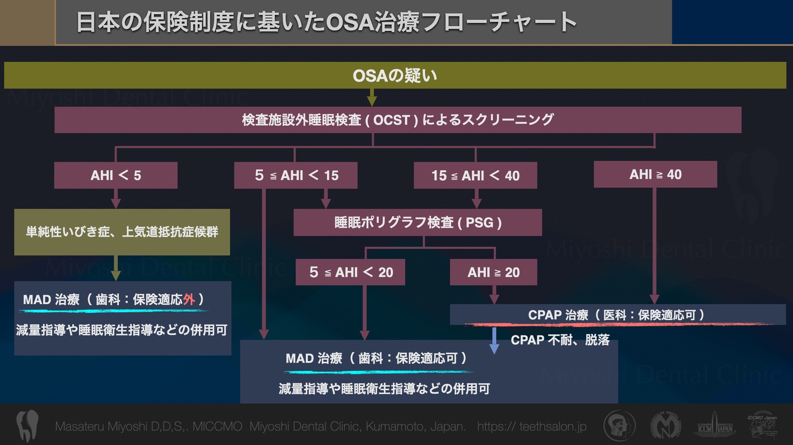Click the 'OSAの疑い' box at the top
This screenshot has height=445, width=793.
[x=394, y=75]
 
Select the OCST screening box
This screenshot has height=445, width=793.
[x=398, y=120]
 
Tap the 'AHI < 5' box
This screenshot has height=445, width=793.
[x=116, y=176]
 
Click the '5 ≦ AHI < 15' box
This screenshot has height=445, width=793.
[x=296, y=176]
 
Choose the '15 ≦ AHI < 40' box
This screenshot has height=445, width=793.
[x=476, y=176]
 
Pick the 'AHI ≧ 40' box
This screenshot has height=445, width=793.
[x=655, y=175]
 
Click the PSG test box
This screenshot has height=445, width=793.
[x=418, y=223]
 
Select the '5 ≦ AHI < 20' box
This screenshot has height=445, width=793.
[x=351, y=272]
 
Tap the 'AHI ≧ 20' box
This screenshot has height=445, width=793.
[x=493, y=272]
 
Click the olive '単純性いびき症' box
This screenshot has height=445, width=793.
[x=122, y=232]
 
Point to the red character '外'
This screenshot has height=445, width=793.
[x=189, y=300]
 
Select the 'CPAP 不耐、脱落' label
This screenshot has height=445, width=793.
[x=560, y=340]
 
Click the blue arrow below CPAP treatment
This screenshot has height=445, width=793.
[x=494, y=340]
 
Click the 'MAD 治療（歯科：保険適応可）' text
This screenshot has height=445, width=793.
[x=376, y=359]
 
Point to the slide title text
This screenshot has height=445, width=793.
[x=326, y=23]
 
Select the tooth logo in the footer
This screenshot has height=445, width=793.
[x=27, y=426]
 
